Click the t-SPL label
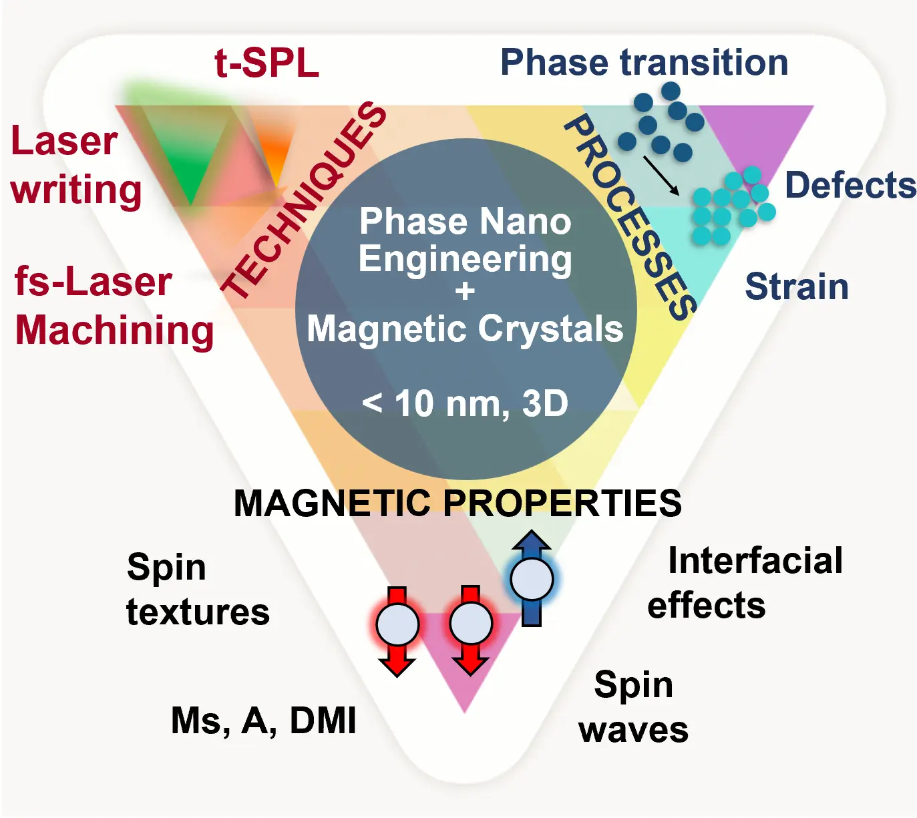[266, 64]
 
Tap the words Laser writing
[75, 166]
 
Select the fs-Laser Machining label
[114, 306]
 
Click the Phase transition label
[644, 63]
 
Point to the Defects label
[850, 185]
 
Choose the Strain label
[796, 286]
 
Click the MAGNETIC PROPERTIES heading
[457, 503]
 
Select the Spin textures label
[198, 590]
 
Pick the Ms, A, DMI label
[264, 721]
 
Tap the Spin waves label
[633, 707]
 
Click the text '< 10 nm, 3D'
[465, 403]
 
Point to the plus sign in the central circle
[465, 292]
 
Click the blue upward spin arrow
[532, 578]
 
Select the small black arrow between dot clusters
[661, 176]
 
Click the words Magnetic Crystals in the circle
[465, 329]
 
